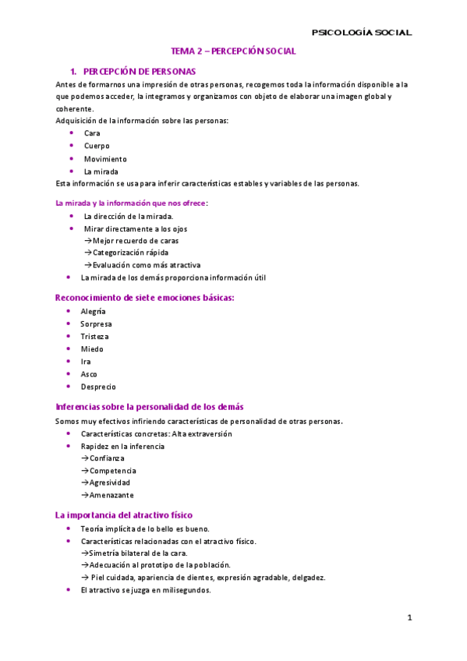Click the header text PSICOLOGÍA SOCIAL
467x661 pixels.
click(x=361, y=33)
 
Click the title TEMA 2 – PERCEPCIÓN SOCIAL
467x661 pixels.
click(x=233, y=51)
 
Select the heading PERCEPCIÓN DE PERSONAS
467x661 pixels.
click(x=139, y=71)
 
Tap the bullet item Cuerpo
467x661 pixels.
click(x=97, y=146)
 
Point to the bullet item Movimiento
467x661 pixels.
click(x=105, y=158)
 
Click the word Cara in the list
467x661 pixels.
click(x=92, y=133)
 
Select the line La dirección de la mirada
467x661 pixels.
click(x=128, y=216)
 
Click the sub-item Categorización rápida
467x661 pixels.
click(x=129, y=253)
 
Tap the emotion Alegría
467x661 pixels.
click(x=94, y=311)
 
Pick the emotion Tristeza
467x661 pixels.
click(x=94, y=337)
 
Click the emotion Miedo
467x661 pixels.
click(x=92, y=349)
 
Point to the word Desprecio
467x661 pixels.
click(x=98, y=387)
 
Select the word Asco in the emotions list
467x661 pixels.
click(x=89, y=374)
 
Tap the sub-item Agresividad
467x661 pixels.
click(x=109, y=482)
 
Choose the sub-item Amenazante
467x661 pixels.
click(x=111, y=495)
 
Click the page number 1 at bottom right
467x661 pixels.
click(x=409, y=618)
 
